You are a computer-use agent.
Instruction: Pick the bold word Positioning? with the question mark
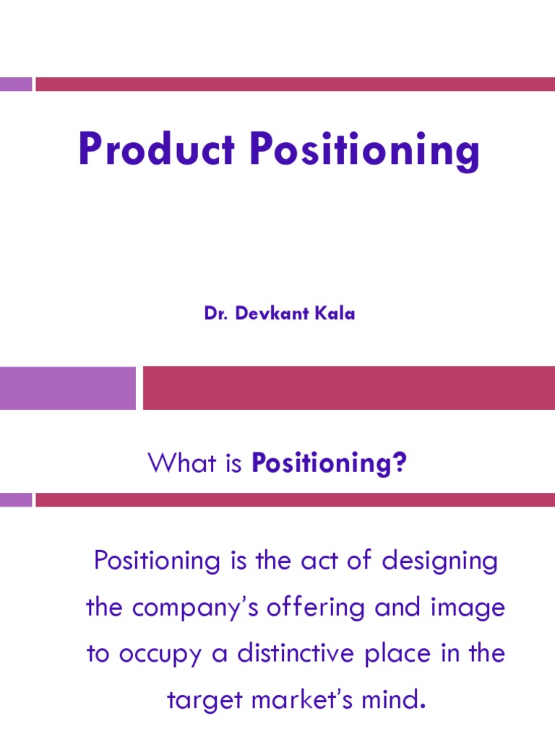tap(330, 463)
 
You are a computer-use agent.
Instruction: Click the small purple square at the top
tap(16, 84)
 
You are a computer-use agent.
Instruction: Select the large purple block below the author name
tap(68, 388)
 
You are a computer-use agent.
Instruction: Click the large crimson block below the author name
tap(348, 388)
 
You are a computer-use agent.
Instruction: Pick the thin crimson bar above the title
tap(295, 84)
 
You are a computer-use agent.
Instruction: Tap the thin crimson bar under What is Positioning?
tap(295, 499)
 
